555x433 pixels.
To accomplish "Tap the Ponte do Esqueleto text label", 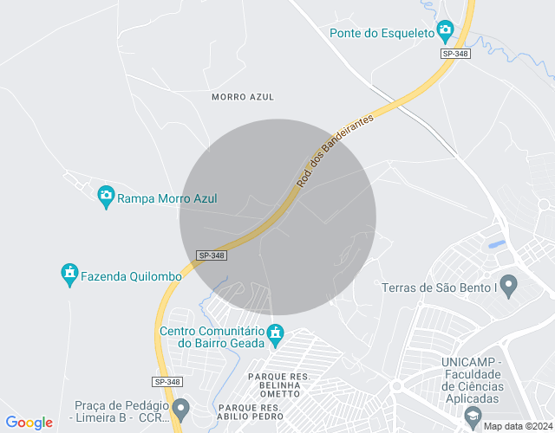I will point(382,34).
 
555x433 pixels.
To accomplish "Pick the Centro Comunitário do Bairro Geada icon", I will point(276,333).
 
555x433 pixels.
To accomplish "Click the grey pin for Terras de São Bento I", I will point(509,285).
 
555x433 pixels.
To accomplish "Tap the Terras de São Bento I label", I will point(438,287).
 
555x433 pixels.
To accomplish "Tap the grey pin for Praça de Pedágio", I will point(180,408).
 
